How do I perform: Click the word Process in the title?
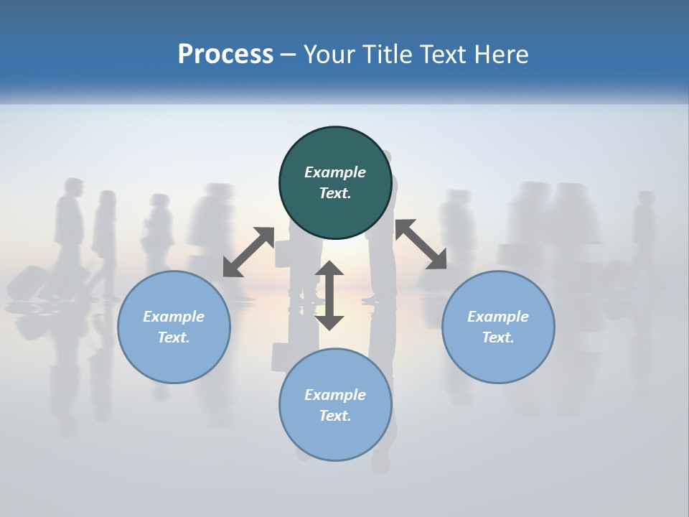point(225,55)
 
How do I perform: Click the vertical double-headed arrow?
point(329,295)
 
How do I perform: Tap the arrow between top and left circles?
point(248,252)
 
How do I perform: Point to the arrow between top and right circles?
point(421,245)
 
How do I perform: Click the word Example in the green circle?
point(335,172)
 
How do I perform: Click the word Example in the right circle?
point(498,317)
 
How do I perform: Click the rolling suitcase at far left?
point(27,282)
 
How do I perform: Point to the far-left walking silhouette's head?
point(72,187)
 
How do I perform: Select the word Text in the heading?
point(444,55)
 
